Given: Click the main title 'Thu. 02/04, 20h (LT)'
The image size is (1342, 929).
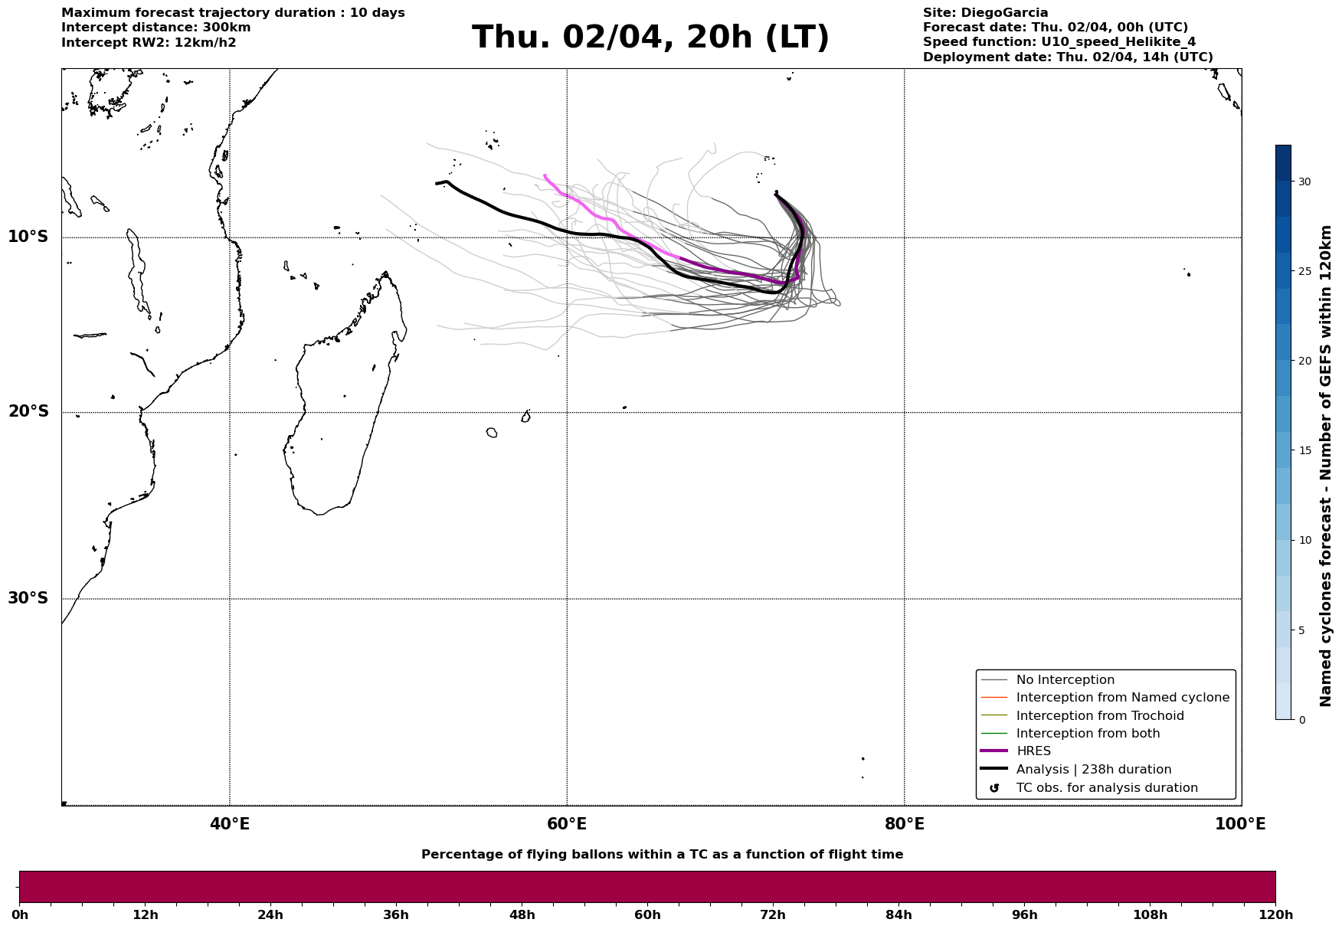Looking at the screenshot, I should [x=650, y=38].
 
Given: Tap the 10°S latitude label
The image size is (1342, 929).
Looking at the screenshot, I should [x=28, y=237].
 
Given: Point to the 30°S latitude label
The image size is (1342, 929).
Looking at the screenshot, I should [x=28, y=598].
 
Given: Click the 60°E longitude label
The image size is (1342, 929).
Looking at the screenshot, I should [x=567, y=824].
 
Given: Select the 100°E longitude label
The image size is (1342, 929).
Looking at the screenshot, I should [x=1240, y=824].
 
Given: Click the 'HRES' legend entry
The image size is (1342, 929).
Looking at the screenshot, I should [x=1033, y=751].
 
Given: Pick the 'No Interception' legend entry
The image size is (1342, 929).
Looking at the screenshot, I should [x=1065, y=680].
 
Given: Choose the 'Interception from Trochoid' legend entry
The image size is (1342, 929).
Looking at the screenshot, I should [x=1099, y=716].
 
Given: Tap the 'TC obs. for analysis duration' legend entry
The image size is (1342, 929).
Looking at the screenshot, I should [x=1106, y=788].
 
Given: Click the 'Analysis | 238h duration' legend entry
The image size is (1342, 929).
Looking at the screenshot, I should [x=1093, y=770].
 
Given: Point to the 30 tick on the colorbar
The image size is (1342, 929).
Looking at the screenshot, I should [x=1304, y=182].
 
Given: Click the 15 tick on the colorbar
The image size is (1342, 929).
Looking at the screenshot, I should [x=1304, y=450].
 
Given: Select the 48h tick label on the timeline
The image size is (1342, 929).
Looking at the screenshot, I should [x=522, y=914].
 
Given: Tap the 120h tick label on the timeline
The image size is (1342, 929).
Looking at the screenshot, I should [x=1275, y=914].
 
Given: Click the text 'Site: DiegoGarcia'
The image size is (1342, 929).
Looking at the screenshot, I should [x=985, y=13].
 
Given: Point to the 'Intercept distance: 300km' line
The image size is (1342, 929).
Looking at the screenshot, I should [x=155, y=28].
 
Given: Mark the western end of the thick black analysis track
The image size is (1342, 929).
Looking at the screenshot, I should [x=437, y=183].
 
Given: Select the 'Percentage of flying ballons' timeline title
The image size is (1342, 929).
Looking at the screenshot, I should [x=662, y=855].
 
